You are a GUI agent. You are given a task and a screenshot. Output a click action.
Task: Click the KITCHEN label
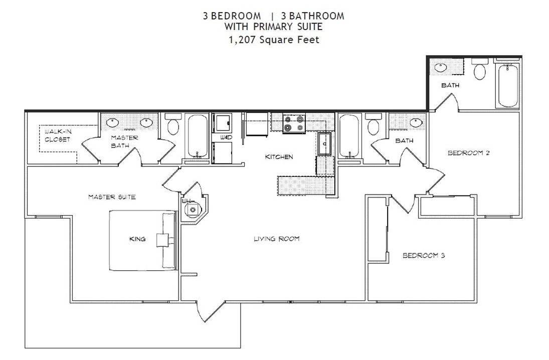coord(279,157)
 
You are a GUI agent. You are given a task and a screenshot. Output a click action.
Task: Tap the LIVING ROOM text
coord(276,239)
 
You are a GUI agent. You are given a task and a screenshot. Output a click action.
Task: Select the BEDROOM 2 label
coord(468,153)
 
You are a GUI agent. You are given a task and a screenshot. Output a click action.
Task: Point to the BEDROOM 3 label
coord(424,256)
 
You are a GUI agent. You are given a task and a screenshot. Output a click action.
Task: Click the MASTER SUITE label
coord(112,197)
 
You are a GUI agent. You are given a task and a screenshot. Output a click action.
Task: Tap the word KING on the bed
coord(137,239)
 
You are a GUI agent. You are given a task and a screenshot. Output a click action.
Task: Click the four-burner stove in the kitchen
coord(294,124)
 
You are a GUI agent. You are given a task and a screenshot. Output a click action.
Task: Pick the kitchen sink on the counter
coord(325,143)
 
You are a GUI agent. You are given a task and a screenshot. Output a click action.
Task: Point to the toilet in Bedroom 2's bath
coord(480,70)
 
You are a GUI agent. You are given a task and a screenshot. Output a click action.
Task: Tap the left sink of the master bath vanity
coord(111,121)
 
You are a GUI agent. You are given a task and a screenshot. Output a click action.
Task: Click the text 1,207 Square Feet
coord(273,40)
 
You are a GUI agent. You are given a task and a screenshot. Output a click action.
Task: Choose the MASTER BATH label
coord(121,141)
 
